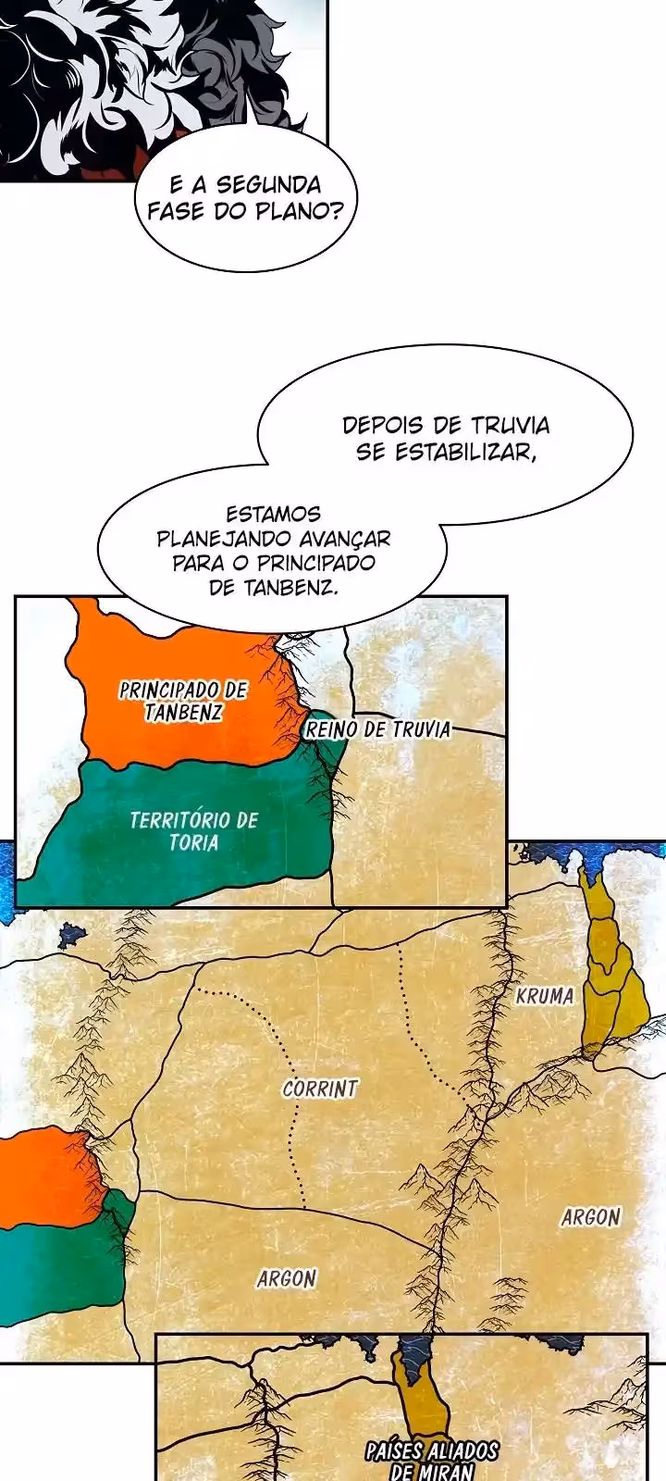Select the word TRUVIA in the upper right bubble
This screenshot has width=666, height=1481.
510,426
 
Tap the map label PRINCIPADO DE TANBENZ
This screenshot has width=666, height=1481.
183,701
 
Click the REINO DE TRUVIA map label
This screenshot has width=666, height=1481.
377,729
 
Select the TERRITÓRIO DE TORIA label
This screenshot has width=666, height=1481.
193,830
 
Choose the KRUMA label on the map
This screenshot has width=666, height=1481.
545,997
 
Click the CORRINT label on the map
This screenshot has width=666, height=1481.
320,1089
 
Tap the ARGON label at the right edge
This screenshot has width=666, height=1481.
590,1217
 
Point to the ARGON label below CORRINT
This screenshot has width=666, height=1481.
287,1278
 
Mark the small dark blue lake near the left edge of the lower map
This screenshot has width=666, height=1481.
71,935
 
